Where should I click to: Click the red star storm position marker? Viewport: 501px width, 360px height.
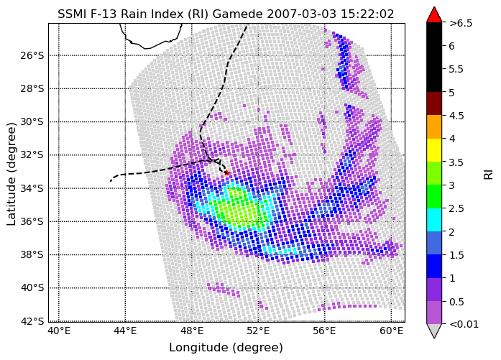click(227, 172)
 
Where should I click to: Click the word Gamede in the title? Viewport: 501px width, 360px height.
click(237, 14)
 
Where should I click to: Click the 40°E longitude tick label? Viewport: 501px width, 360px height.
click(59, 331)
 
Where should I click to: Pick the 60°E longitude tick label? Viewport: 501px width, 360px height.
click(392, 331)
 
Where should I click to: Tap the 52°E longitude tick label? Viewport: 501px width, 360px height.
click(258, 331)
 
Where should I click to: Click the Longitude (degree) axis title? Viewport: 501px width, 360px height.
click(226, 348)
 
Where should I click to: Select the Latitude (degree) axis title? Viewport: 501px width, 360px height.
click(11, 174)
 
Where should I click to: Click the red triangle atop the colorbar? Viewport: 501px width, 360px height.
click(434, 15)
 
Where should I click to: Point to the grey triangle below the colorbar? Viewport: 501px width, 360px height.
click(434, 331)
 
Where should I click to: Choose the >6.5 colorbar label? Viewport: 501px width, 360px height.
click(461, 23)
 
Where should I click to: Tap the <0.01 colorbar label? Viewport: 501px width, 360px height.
click(464, 325)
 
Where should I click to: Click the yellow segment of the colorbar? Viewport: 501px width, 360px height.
click(434, 150)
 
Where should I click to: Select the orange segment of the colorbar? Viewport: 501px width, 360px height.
click(434, 126)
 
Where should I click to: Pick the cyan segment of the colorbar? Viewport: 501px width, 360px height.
click(434, 220)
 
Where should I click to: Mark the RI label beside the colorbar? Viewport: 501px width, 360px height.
click(489, 175)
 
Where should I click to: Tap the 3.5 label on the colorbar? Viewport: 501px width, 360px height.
click(456, 162)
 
